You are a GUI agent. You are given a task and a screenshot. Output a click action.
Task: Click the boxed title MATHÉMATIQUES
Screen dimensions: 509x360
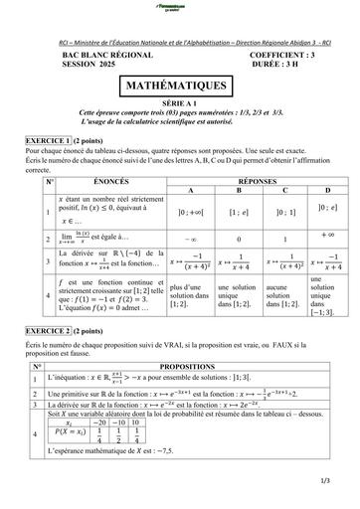coord(179,87)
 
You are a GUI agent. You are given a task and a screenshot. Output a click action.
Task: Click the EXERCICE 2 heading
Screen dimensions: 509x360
coord(55,329)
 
